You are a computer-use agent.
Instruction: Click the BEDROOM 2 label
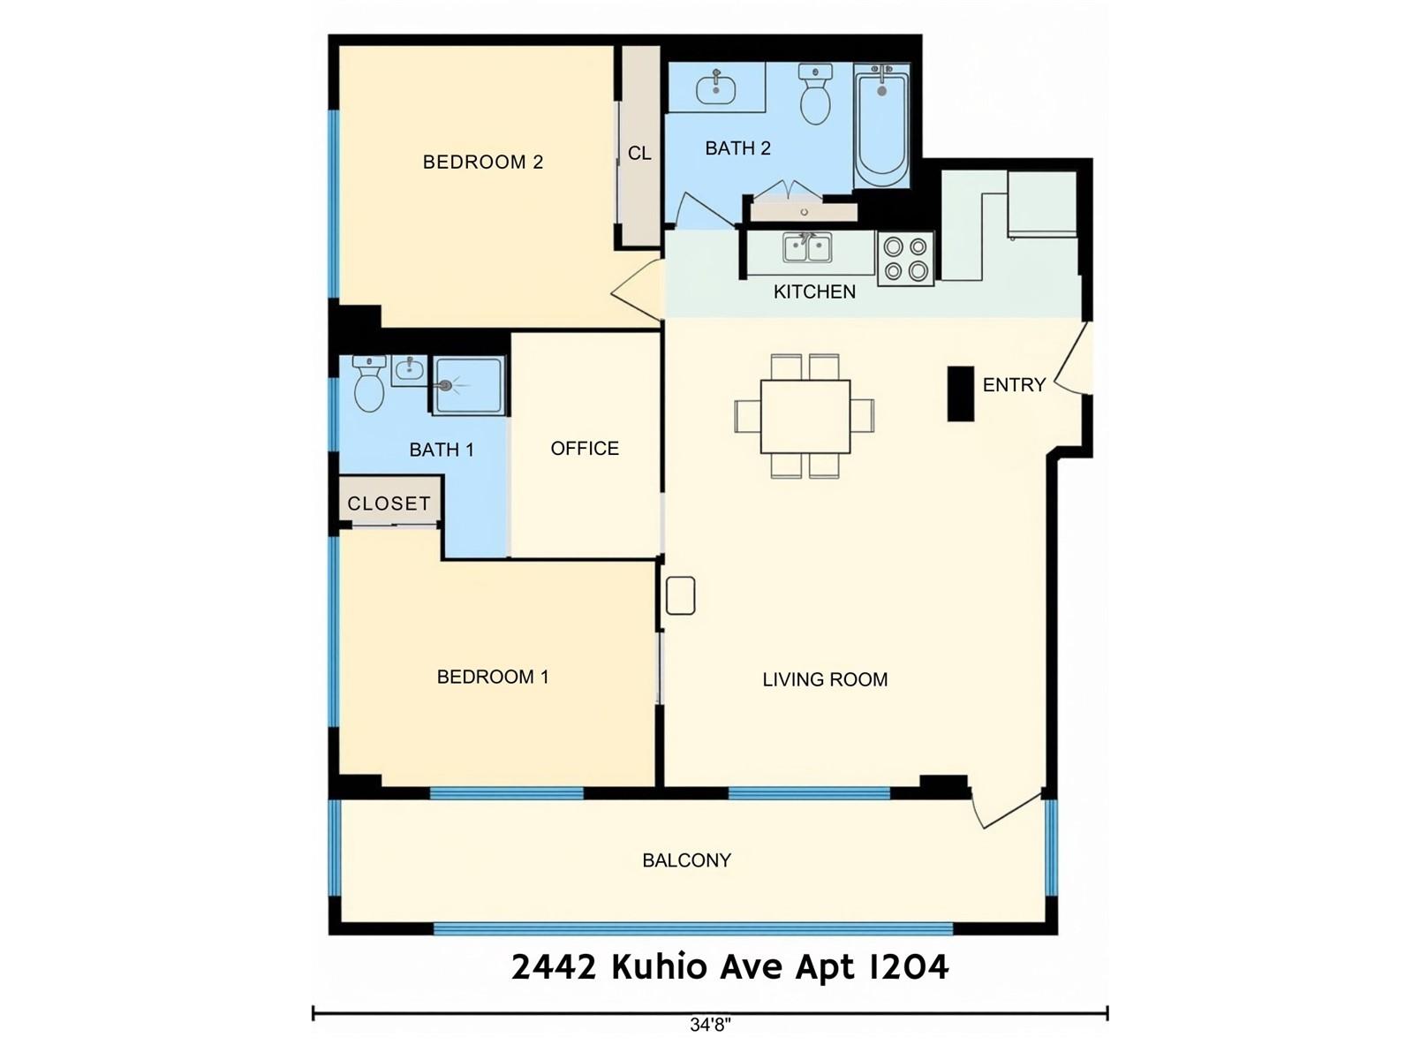coord(482,162)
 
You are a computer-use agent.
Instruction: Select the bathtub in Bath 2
coord(881,126)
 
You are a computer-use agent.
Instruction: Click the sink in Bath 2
coord(715,88)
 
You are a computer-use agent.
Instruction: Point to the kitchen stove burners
coord(905,259)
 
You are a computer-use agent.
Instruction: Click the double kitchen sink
coord(807,248)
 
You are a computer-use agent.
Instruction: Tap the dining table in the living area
coord(805,416)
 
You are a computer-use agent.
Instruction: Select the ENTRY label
coord(1013,385)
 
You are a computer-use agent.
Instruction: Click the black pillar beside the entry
coord(960,394)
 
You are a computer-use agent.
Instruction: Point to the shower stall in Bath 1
coord(468,385)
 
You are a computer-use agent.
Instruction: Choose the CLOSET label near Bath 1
coord(389,503)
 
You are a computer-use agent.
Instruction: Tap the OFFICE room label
coord(585,448)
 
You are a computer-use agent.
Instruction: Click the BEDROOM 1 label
coord(493,677)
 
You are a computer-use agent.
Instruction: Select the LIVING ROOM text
coord(825,679)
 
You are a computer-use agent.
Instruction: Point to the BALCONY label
coord(686,859)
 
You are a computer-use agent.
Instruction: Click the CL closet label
coord(639,153)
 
